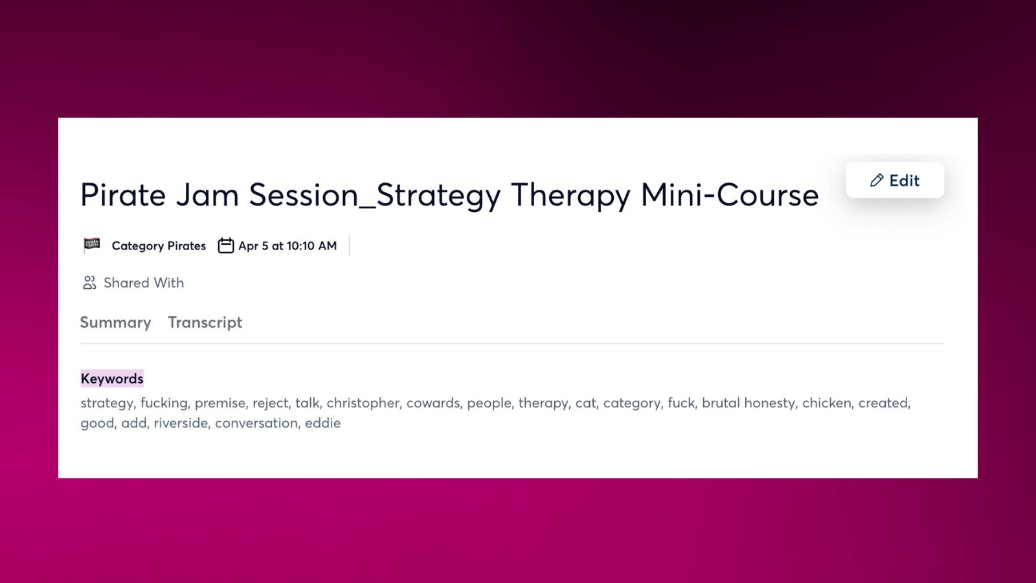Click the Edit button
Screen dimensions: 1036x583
[895, 180]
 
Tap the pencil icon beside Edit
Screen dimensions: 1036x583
[877, 180]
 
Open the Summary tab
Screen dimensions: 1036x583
[116, 322]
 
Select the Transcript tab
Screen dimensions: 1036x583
[205, 323]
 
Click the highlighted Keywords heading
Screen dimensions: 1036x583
[112, 378]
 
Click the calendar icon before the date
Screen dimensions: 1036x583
[226, 246]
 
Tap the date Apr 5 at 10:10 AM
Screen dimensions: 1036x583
[287, 246]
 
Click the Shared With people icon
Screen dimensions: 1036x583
[89, 282]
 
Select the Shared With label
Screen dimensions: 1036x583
[144, 282]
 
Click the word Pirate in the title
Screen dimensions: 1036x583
[123, 194]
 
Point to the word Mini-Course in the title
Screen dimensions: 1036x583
[729, 194]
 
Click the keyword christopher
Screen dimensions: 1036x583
[363, 403]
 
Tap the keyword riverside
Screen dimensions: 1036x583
[181, 423]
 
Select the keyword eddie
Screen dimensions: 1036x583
[323, 423]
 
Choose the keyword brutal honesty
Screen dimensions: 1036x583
[749, 404]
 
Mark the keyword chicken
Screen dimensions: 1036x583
[826, 403]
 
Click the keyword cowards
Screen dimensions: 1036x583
[433, 403]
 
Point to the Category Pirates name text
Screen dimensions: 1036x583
[159, 246]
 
